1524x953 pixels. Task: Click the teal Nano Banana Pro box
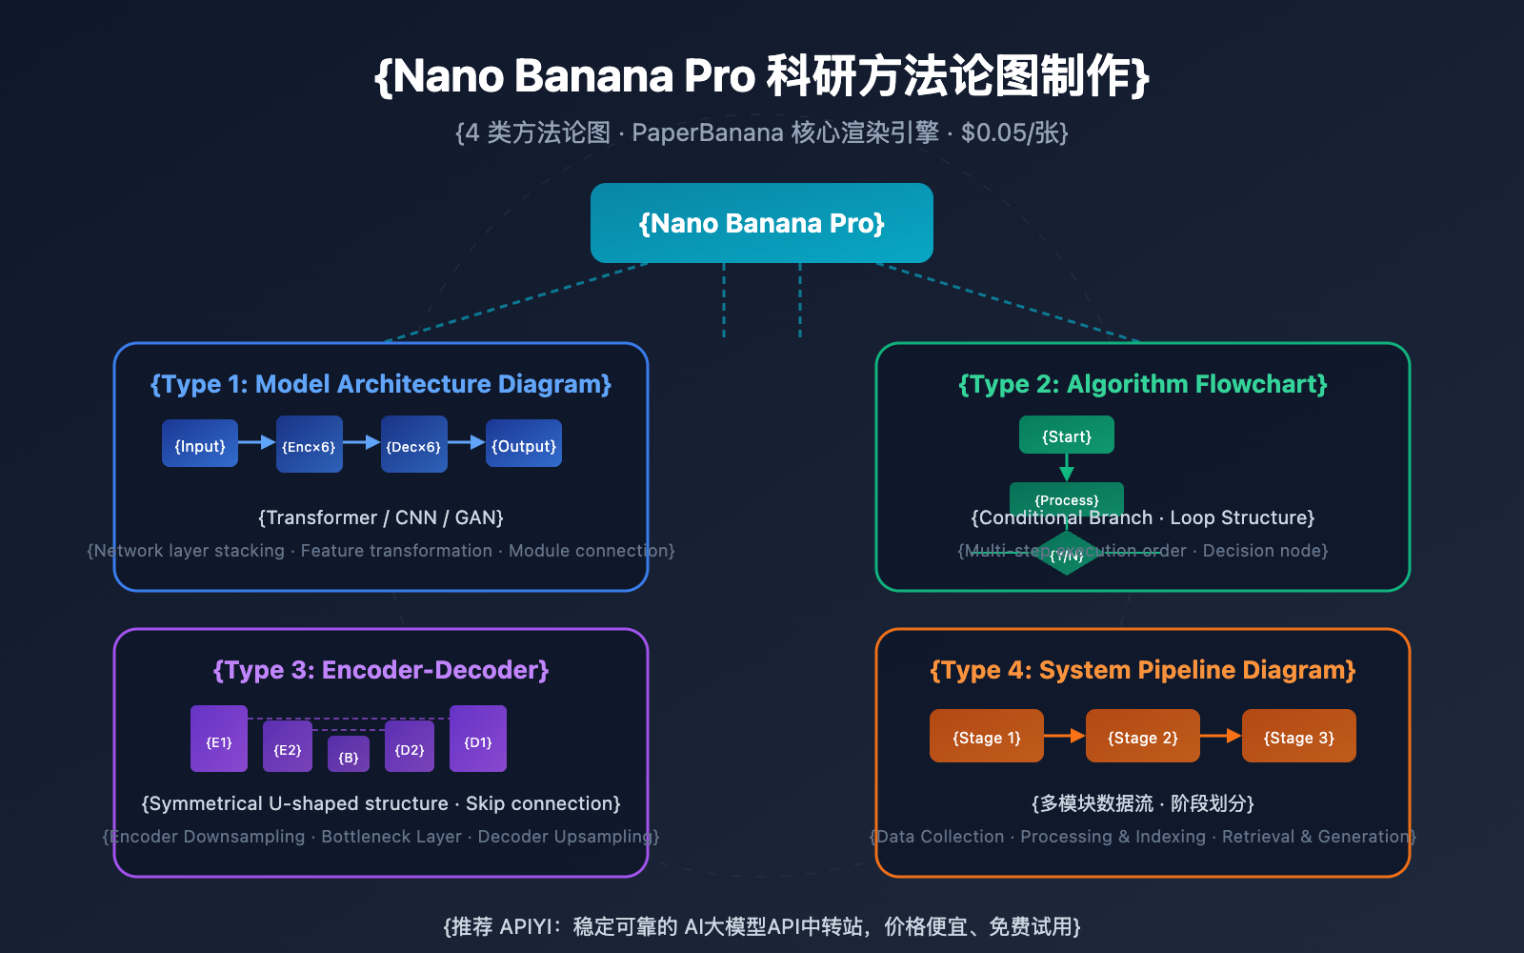[761, 223]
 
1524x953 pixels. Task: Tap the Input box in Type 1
[200, 443]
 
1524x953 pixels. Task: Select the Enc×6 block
[310, 444]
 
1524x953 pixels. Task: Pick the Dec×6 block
[413, 444]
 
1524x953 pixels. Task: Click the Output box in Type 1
[524, 443]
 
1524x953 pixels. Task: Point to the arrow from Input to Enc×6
[256, 442]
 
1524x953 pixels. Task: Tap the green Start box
[1066, 436]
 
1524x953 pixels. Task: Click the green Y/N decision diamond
[1067, 555]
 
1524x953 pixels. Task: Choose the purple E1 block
[219, 739]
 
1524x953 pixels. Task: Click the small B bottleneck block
[349, 755]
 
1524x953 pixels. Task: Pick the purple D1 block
[478, 739]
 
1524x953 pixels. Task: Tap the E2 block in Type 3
[288, 747]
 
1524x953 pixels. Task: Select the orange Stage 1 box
[987, 736]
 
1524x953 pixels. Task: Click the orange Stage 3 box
[1298, 736]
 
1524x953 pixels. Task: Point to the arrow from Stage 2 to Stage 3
[1220, 736]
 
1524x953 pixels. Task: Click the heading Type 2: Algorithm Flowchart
[1142, 384]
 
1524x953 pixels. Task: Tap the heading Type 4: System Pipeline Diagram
[1142, 670]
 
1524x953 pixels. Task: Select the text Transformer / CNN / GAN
[381, 517]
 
